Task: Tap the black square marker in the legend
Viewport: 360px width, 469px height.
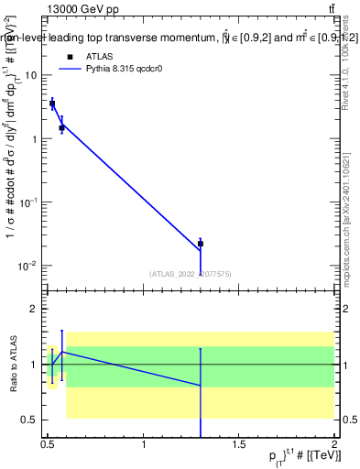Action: pyautogui.click(x=69, y=56)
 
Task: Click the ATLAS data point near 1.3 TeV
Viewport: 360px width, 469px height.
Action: pyautogui.click(x=201, y=244)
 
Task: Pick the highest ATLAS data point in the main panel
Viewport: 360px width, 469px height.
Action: pyautogui.click(x=52, y=104)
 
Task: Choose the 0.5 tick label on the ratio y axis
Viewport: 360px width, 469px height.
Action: pyautogui.click(x=31, y=420)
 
